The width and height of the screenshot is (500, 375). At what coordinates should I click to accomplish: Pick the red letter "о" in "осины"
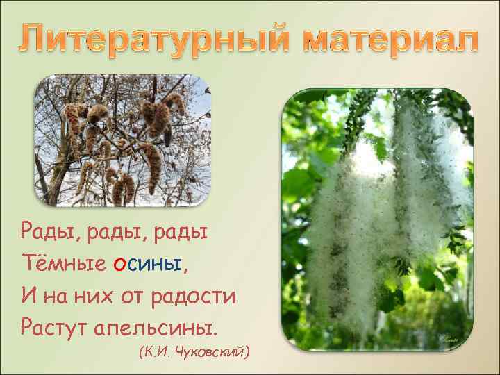118,264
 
